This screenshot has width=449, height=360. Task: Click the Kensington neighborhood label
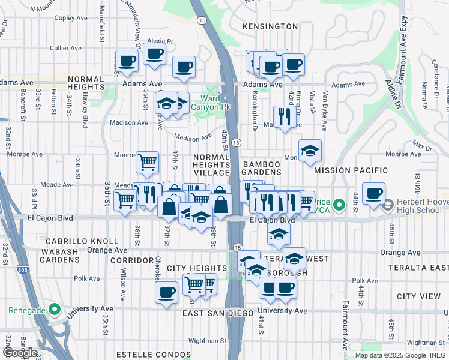(x=270, y=26)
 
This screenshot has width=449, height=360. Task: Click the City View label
(x=419, y=296)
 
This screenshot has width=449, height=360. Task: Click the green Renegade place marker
(x=55, y=310)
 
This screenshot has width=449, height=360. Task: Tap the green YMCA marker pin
(x=339, y=206)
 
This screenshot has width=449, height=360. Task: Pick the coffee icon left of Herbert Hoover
(x=373, y=193)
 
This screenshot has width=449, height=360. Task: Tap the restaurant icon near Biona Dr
(x=283, y=116)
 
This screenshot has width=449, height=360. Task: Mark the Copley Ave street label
(x=71, y=18)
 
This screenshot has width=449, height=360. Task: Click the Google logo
(x=20, y=352)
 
